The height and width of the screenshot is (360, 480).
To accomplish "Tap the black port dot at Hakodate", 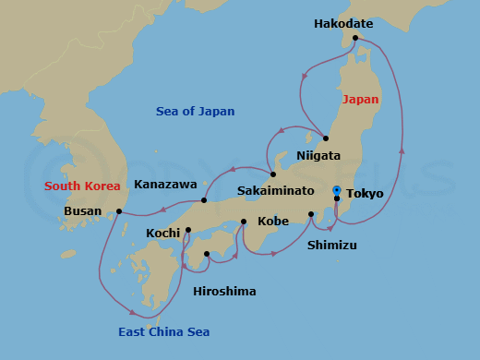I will tap(354, 39).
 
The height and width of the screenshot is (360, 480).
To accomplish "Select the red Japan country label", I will tap(360, 99).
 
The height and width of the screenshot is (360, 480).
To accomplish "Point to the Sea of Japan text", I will tap(195, 112).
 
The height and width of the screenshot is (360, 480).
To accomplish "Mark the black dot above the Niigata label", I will tap(326, 138).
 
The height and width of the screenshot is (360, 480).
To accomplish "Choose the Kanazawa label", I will tap(165, 185).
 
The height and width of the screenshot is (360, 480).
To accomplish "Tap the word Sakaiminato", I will tap(274, 190).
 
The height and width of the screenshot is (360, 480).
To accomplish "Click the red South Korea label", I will tap(83, 186).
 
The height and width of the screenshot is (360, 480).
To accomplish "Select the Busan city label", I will tap(83, 210).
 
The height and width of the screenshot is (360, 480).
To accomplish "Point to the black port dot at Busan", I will tap(119, 211).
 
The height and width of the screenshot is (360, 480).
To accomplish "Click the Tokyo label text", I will tap(365, 194).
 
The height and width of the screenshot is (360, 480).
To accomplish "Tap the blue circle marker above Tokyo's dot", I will tap(337, 189).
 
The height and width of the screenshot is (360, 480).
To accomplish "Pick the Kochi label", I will tap(163, 234).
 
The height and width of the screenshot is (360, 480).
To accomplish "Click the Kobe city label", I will tap(273, 222).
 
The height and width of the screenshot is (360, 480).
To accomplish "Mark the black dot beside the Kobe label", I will tap(244, 222).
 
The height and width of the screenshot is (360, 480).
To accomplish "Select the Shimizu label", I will tap(332, 246).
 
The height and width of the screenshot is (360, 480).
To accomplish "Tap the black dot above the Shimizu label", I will tap(311, 215).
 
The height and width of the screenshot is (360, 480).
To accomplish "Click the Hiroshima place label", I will tap(224, 292).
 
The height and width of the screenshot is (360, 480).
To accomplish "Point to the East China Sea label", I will tap(163, 332).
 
